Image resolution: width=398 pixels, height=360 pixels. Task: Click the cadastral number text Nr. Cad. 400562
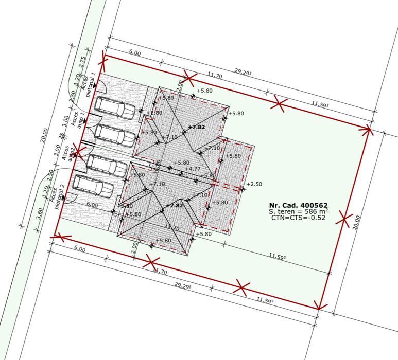[298, 205]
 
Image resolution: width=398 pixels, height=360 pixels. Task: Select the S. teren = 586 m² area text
[298, 211]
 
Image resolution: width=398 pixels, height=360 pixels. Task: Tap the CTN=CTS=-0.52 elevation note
[298, 218]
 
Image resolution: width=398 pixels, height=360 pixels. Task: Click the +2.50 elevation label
[254, 184]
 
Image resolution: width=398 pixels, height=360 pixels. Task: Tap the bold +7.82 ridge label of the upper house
[197, 127]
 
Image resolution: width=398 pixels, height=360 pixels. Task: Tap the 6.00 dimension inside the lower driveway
[92, 205]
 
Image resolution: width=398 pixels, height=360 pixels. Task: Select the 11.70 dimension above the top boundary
[215, 75]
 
